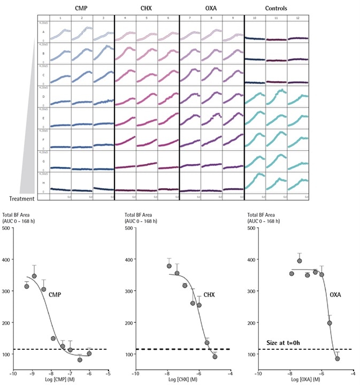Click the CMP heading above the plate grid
tap(82, 9)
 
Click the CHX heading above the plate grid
tap(147, 9)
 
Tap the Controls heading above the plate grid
tap(276, 9)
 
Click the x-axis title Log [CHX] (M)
tap(183, 380)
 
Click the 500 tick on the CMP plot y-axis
tap(6, 228)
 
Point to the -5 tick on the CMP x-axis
tap(110, 374)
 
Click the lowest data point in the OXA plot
tap(338, 358)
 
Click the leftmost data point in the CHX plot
tap(169, 266)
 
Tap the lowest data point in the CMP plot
tap(80, 360)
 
